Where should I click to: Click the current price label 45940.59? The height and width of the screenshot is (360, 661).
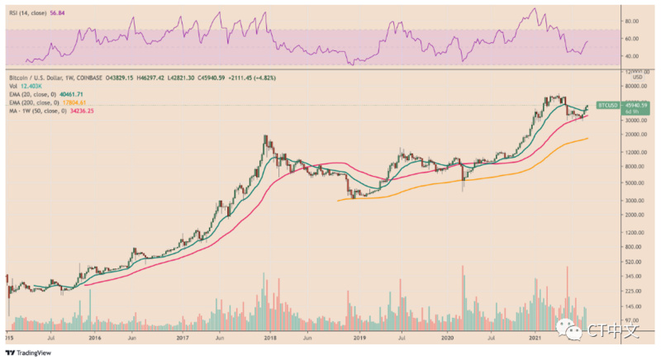[636, 105]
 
